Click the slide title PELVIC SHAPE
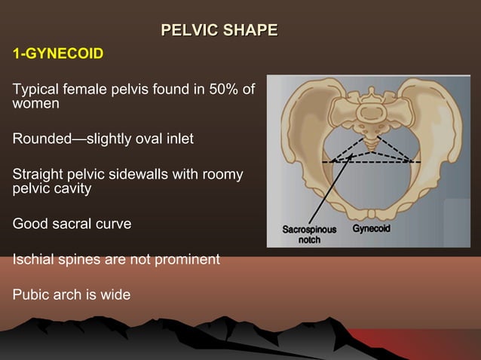(x=219, y=31)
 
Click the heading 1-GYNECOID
(x=57, y=55)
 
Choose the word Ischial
(x=33, y=259)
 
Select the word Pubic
(x=31, y=294)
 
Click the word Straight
(x=38, y=175)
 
